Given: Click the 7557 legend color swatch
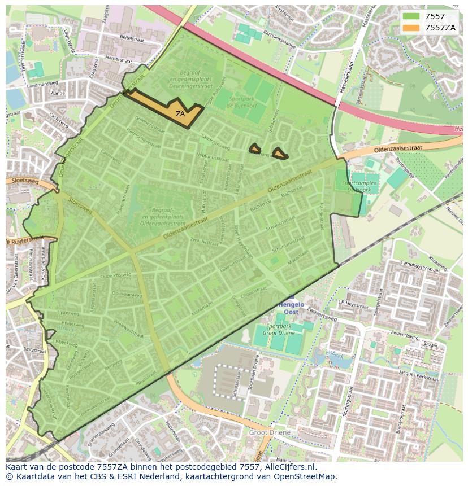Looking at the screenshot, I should (410, 16).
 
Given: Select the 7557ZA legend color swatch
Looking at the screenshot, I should (410, 28).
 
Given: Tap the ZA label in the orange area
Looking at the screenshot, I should (180, 113).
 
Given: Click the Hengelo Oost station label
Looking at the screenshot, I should (291, 308).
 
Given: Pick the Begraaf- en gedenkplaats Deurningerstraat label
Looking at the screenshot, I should (191, 84).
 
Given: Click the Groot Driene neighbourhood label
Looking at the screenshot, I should (270, 432).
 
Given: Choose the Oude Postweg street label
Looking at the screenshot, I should (115, 275).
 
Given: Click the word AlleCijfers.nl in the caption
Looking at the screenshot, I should (288, 467).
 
